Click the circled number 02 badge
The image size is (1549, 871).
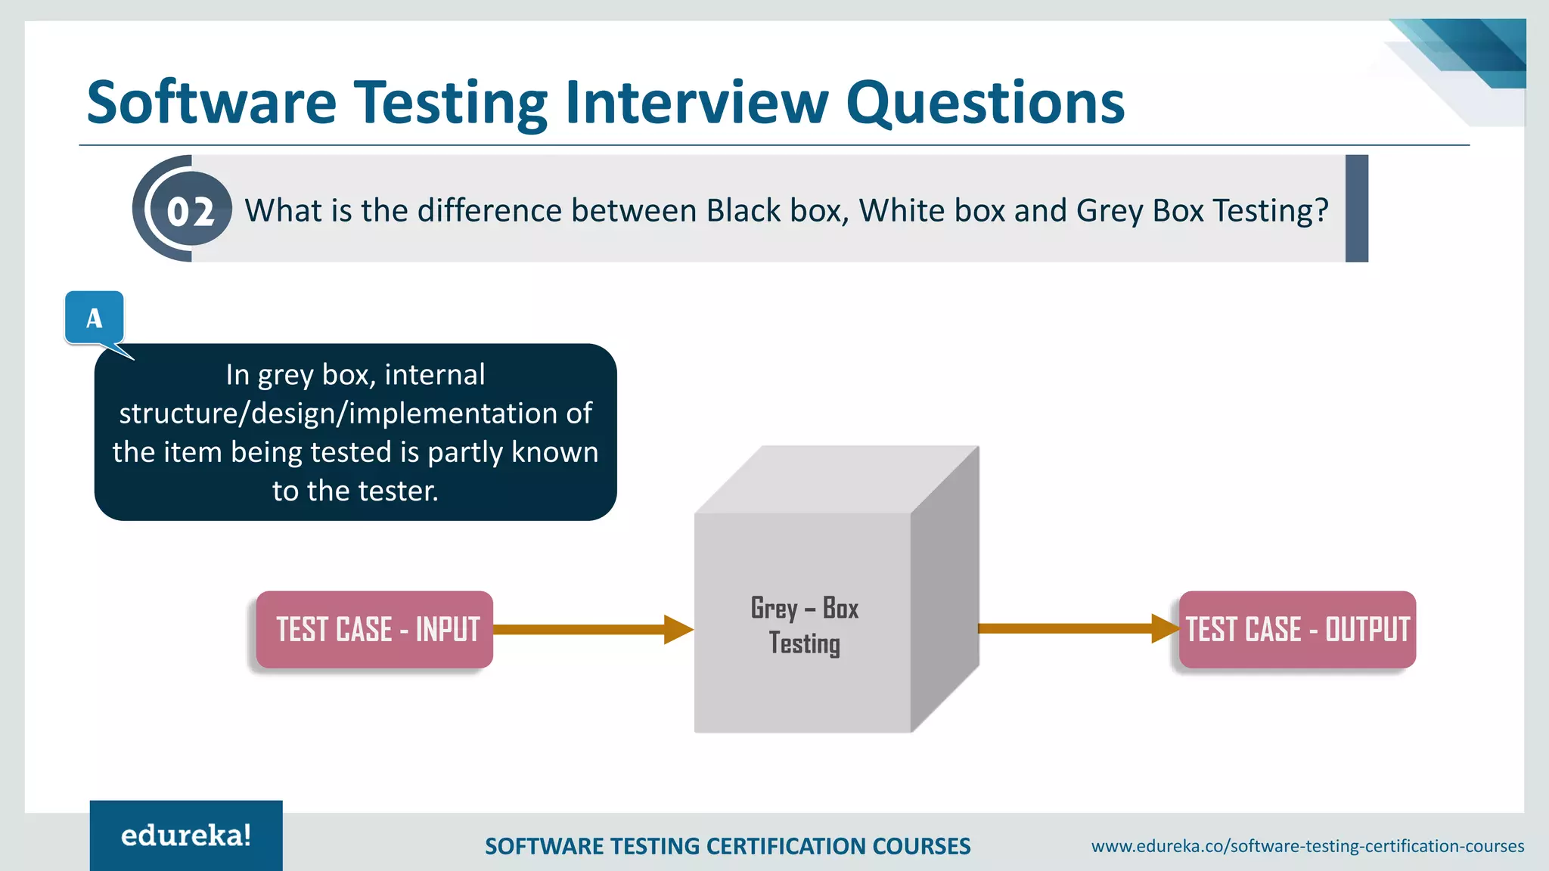coord(190,210)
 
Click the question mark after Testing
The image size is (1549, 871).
coord(1321,210)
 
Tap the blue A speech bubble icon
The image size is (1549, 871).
coord(95,318)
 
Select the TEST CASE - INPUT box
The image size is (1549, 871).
coord(375,629)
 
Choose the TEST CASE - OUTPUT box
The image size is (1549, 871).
coord(1297,629)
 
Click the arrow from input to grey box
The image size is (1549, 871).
coord(590,629)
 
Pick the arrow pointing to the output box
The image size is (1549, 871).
coord(1074,628)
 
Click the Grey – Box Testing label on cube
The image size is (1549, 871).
coord(804,626)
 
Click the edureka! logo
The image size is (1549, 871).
coord(186,835)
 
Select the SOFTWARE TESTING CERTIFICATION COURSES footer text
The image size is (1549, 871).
coord(727,846)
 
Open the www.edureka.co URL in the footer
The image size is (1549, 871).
coord(1307,846)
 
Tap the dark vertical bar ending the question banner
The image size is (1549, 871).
coord(1357,209)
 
